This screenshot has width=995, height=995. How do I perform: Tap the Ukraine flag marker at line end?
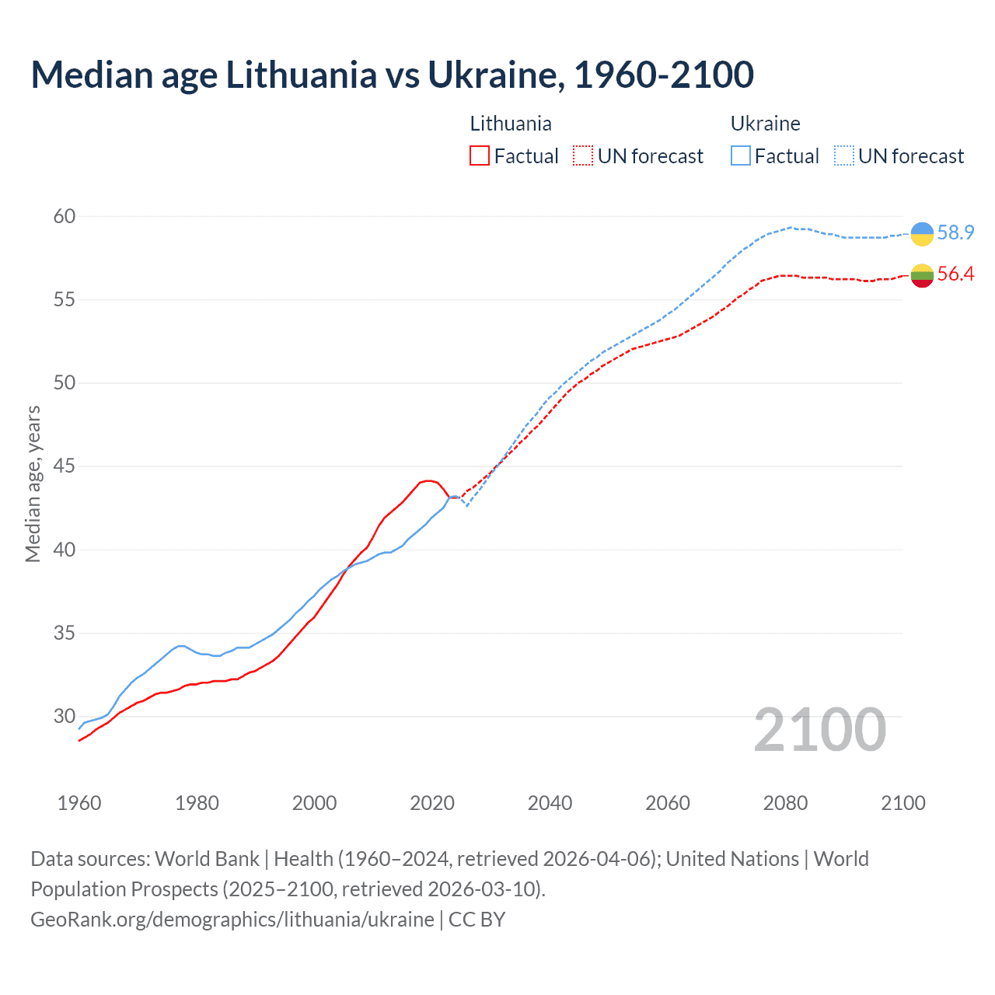[x=922, y=233]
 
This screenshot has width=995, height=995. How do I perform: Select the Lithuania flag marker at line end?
[x=922, y=275]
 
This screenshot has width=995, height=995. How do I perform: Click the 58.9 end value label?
[x=955, y=232]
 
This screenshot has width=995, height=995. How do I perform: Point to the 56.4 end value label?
[x=955, y=274]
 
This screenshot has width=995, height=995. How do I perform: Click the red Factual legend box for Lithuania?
[x=480, y=155]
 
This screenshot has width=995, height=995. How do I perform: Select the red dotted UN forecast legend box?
[x=583, y=155]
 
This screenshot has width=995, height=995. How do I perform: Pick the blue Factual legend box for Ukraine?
[x=741, y=155]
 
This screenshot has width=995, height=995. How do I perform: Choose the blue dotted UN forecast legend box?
[x=843, y=155]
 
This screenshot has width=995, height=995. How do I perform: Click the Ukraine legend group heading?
[x=765, y=124]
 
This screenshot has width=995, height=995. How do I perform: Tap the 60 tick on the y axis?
[x=65, y=216]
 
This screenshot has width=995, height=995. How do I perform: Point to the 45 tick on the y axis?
[x=65, y=466]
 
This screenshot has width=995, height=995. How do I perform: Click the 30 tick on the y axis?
[x=65, y=716]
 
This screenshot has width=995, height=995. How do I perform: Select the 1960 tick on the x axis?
[x=79, y=803]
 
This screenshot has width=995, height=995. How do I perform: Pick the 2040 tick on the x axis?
[x=550, y=803]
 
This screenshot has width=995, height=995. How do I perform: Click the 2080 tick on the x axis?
[x=785, y=803]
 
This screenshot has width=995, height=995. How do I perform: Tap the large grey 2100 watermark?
[x=819, y=729]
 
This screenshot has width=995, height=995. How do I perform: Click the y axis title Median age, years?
[x=33, y=484]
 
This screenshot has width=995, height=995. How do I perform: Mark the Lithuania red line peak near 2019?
[x=428, y=480]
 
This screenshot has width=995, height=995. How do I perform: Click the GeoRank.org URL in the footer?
[x=232, y=919]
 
